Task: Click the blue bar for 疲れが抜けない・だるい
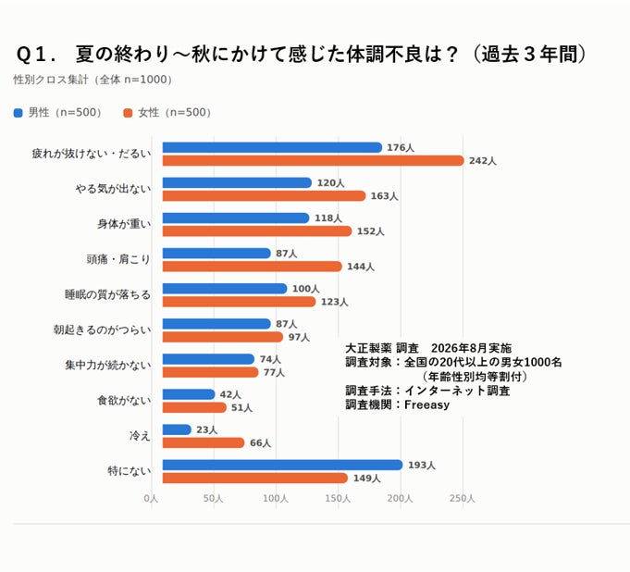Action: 272,147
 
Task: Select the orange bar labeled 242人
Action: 314,161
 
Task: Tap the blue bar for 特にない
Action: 282,465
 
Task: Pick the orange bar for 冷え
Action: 204,443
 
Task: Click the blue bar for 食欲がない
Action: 189,394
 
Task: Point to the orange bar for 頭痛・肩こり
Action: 253,267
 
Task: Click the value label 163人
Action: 384,196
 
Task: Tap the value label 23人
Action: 206,429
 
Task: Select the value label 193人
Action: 422,465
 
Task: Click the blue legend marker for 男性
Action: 19,113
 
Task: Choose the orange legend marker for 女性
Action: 128,113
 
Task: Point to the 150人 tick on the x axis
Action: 338,499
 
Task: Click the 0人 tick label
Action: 151,499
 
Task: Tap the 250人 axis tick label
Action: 462,499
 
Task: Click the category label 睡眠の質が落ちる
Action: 107,294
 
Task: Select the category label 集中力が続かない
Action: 108,365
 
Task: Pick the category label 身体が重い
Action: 124,224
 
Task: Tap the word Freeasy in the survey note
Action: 426,404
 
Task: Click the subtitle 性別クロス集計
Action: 51,80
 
